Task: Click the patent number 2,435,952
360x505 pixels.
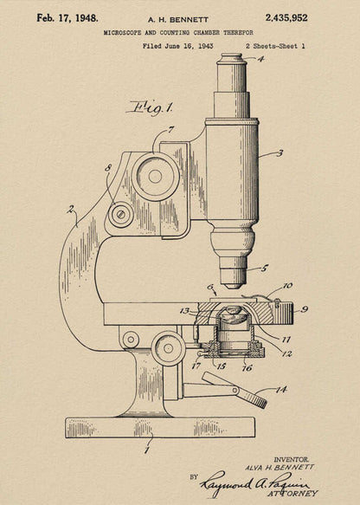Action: coord(286,17)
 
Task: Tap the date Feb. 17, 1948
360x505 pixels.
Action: coord(67,17)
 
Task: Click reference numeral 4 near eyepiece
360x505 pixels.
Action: coord(261,60)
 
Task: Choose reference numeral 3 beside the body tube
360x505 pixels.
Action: coord(280,153)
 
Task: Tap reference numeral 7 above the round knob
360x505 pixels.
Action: coord(171,130)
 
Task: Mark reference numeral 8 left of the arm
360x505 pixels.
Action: coord(108,168)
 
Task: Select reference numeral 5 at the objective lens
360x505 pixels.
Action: coord(265,269)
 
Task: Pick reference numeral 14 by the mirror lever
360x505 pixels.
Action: coord(280,390)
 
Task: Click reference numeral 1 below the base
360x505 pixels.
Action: coord(147,449)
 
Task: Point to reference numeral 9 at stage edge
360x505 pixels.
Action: coord(305,308)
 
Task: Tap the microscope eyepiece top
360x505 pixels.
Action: coord(231,59)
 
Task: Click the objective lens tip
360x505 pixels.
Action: coord(232,282)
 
